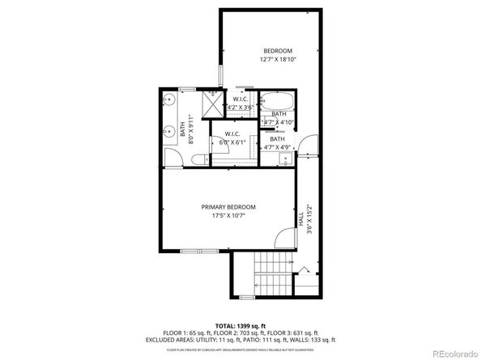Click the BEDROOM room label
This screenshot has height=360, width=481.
276,51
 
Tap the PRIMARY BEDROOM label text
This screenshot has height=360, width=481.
228,207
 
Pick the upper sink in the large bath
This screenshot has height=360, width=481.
170,101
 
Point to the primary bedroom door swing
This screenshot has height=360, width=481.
283,238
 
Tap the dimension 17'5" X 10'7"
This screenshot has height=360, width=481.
228,216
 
